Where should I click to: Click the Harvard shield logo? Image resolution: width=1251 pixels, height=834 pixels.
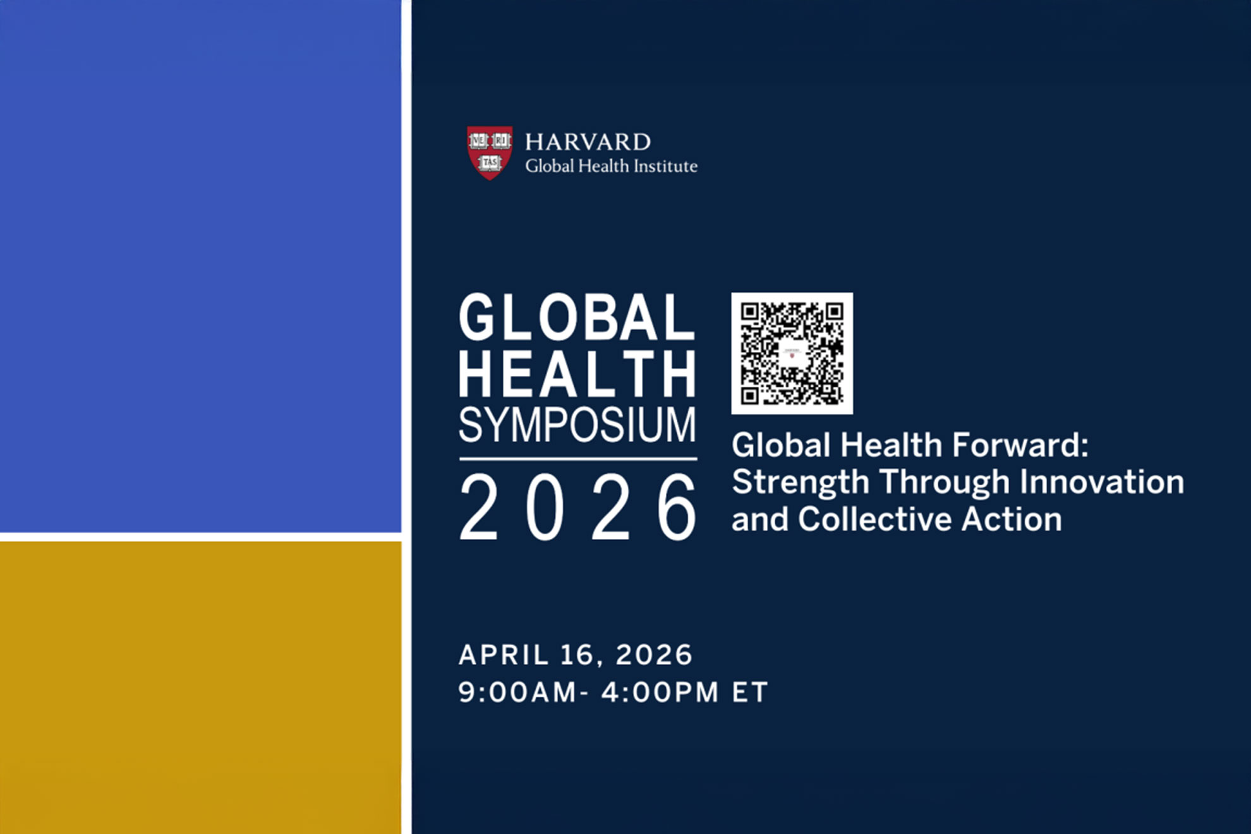tap(490, 153)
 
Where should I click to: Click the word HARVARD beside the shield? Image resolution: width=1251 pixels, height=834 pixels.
tap(588, 142)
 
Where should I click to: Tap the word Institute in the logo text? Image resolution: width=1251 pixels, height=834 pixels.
tap(666, 166)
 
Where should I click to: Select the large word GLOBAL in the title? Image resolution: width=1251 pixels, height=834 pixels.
tap(577, 317)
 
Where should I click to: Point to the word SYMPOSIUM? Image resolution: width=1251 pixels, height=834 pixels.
tap(577, 425)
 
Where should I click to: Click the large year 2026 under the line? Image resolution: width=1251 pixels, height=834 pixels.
tap(577, 507)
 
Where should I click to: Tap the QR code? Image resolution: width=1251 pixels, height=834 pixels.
tap(792, 353)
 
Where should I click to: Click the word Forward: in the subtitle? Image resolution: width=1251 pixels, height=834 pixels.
tap(1020, 445)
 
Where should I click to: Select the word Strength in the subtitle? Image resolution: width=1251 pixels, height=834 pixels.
tap(801, 483)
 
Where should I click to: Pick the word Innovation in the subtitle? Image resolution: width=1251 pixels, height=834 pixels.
tap(1102, 482)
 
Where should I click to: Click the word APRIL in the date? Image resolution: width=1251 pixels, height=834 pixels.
tap(504, 655)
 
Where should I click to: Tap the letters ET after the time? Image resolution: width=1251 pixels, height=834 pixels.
tap(750, 692)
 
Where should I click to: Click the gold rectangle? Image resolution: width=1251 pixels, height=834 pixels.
tap(200, 687)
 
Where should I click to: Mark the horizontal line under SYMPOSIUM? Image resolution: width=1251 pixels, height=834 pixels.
tap(578, 459)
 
